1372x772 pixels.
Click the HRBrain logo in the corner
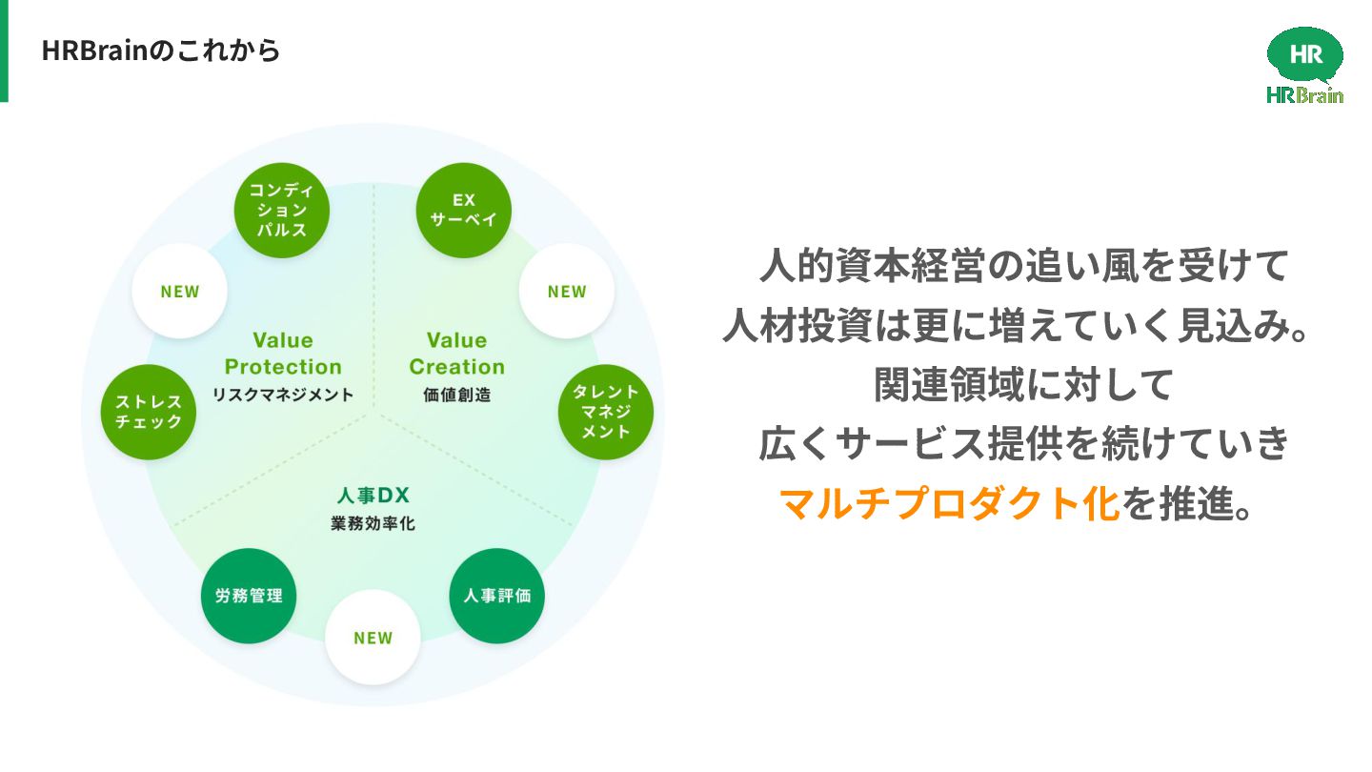click(x=1304, y=65)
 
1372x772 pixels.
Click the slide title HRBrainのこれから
click(x=161, y=51)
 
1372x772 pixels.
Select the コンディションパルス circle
click(x=282, y=210)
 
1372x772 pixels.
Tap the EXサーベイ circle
click(x=464, y=210)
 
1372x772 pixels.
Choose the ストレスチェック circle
click(x=149, y=412)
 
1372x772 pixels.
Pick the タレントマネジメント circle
click(x=605, y=412)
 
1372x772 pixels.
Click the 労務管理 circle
click(x=249, y=596)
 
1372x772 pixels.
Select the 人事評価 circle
click(x=496, y=596)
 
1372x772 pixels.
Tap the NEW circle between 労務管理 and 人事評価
click(x=373, y=638)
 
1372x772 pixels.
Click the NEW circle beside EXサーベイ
click(x=567, y=292)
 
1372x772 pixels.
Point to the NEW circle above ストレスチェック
click(x=179, y=292)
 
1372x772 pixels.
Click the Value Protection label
click(x=283, y=354)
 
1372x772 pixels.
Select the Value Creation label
click(x=456, y=354)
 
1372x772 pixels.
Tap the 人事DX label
click(x=373, y=496)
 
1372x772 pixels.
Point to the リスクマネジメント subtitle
click(x=283, y=395)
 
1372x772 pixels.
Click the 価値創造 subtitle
click(x=456, y=395)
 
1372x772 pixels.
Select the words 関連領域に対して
click(x=1021, y=385)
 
